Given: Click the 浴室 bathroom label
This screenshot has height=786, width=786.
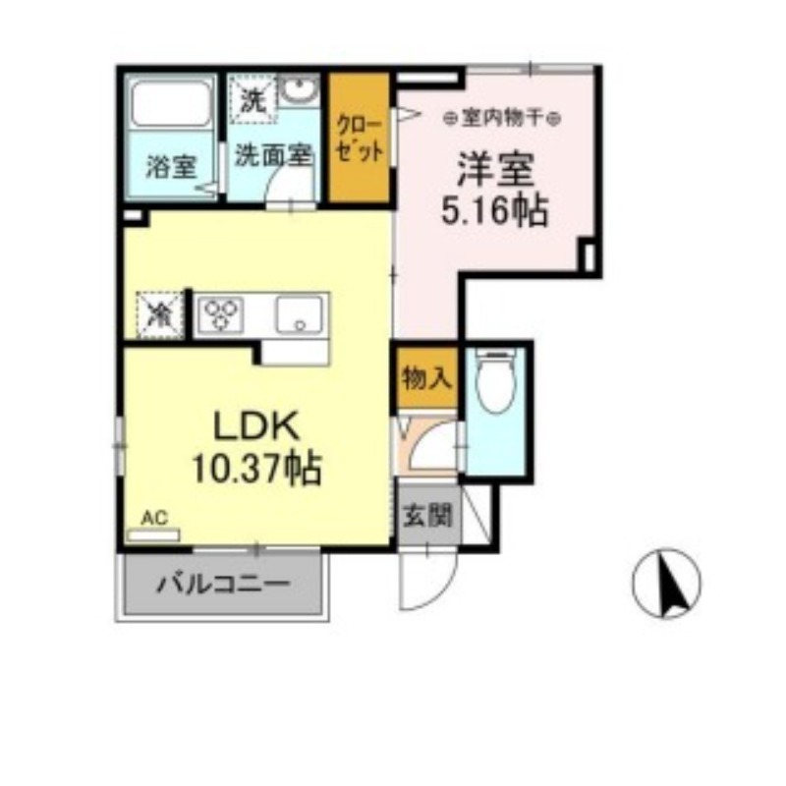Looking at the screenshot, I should click(x=170, y=167).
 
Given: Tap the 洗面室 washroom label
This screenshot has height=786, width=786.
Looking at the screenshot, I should click(x=273, y=154).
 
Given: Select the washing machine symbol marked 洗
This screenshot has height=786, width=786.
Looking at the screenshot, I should click(x=253, y=99).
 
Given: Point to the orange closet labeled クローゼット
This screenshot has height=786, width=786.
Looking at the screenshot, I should click(x=359, y=139).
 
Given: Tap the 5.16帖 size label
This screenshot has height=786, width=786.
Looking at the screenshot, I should click(x=494, y=211).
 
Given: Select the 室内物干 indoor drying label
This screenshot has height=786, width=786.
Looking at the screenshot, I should click(x=501, y=117).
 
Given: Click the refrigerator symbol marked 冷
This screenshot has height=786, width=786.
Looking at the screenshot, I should click(x=159, y=314).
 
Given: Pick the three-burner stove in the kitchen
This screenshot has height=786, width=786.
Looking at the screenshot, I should click(x=223, y=314).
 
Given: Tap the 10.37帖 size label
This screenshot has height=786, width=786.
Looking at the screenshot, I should click(x=258, y=471).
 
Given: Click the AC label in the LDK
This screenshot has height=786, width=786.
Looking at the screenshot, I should click(x=152, y=517).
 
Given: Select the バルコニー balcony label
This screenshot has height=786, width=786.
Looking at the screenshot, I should click(x=223, y=586).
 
